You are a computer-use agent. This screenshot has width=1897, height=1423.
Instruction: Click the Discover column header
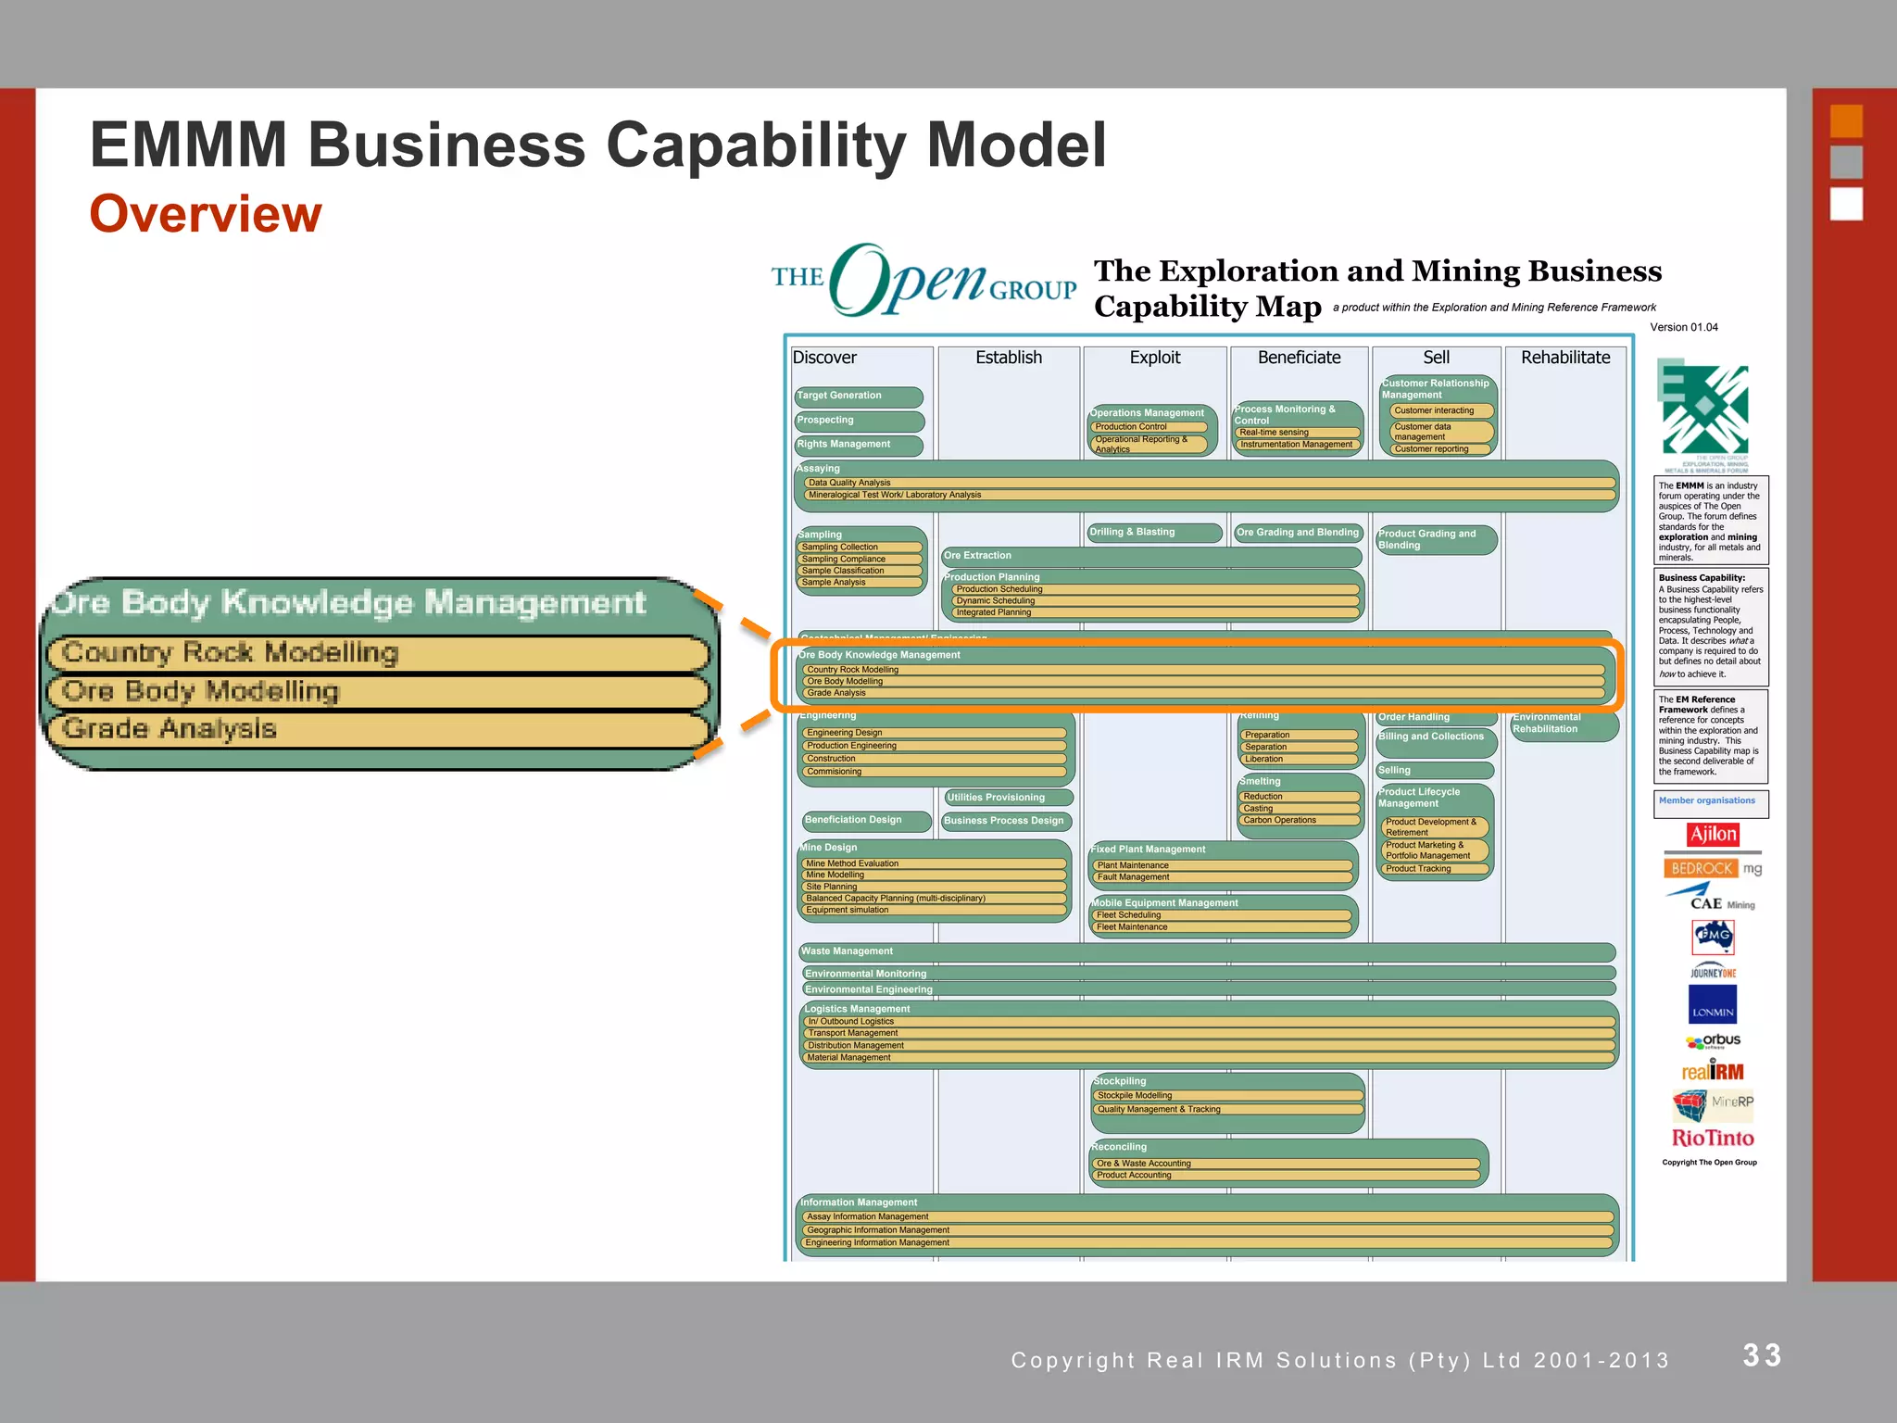point(824,358)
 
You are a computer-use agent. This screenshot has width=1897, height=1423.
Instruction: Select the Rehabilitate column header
point(1564,358)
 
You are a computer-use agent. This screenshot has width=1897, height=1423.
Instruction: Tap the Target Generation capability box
point(858,397)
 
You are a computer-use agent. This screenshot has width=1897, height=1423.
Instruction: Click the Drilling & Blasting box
point(1153,532)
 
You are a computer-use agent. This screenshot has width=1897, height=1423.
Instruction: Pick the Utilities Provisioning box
point(1008,798)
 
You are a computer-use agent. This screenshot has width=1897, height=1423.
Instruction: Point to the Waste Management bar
point(1204,951)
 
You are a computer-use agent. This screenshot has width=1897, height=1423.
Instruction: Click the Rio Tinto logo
point(1712,1138)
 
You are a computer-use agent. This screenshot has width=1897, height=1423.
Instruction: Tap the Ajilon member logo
point(1713,834)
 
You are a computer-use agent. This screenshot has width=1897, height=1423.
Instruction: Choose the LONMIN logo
point(1712,1005)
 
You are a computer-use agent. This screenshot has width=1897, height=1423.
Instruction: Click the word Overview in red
point(206,214)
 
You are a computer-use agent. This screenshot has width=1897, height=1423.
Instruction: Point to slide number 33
point(1762,1355)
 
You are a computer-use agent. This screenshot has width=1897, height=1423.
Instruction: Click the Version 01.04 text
point(1683,327)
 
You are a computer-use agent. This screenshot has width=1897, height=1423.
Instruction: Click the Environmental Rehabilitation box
point(1563,724)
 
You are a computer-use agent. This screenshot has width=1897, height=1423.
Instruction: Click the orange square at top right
point(1845,121)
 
